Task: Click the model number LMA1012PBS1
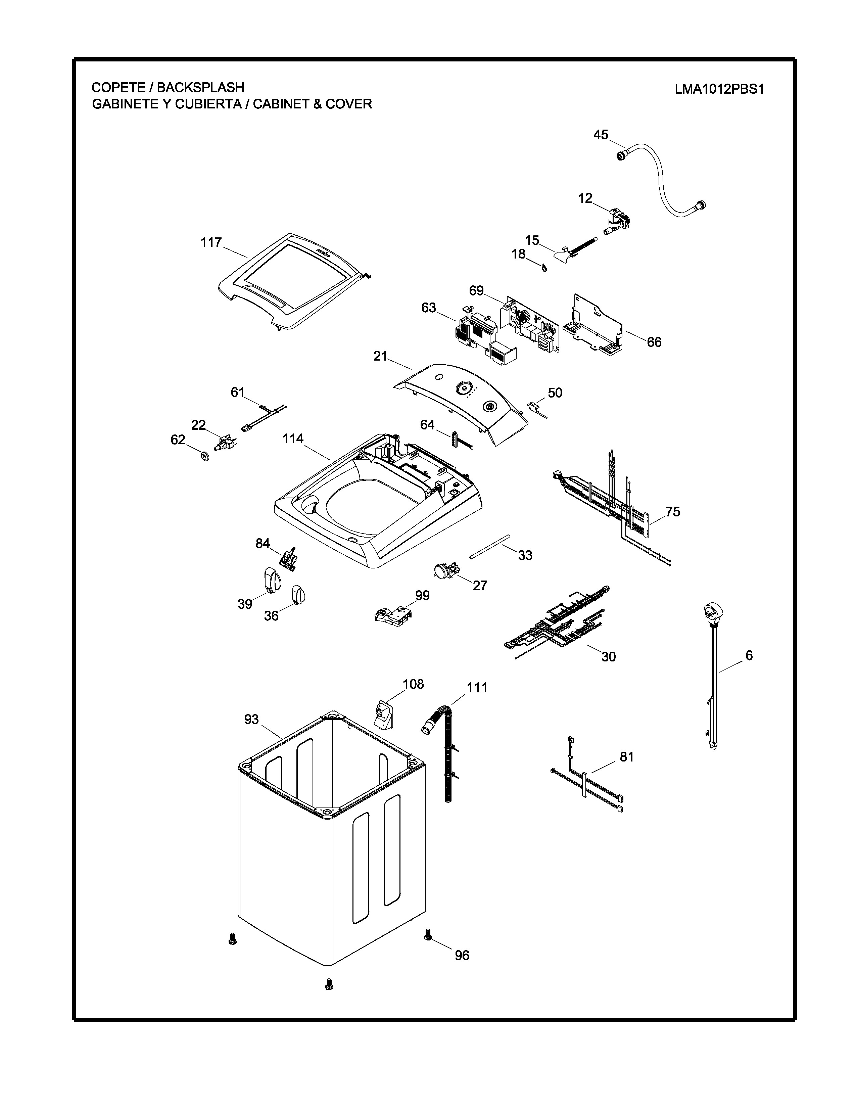click(x=719, y=89)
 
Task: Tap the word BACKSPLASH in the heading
click(x=200, y=87)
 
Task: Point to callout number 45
click(x=601, y=135)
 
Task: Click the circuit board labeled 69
click(x=530, y=325)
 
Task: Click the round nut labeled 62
click(x=205, y=457)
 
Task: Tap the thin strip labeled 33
click(x=489, y=546)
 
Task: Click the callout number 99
click(x=422, y=596)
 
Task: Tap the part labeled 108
click(x=384, y=714)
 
